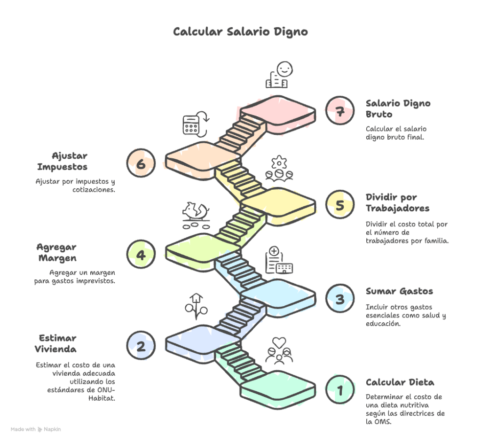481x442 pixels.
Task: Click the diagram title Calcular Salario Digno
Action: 240,31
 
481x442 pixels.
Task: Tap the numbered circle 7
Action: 340,111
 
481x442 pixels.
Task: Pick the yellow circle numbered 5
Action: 340,205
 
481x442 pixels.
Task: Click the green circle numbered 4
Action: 141,255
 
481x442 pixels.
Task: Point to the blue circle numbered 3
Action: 340,299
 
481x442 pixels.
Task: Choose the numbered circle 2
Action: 141,346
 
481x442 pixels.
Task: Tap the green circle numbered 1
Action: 340,389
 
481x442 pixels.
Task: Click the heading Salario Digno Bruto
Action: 398,109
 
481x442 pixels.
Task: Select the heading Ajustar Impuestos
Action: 62,161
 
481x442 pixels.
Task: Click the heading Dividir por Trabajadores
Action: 397,202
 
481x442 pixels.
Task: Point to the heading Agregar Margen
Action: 56,252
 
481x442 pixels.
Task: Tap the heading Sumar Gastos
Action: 399,291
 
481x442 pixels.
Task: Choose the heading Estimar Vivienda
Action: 55,343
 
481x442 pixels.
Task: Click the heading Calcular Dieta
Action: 400,382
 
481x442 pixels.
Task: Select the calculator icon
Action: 190,125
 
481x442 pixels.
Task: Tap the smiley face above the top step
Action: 284,69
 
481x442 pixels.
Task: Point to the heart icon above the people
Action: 279,341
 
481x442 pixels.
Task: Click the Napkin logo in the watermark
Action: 40,429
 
